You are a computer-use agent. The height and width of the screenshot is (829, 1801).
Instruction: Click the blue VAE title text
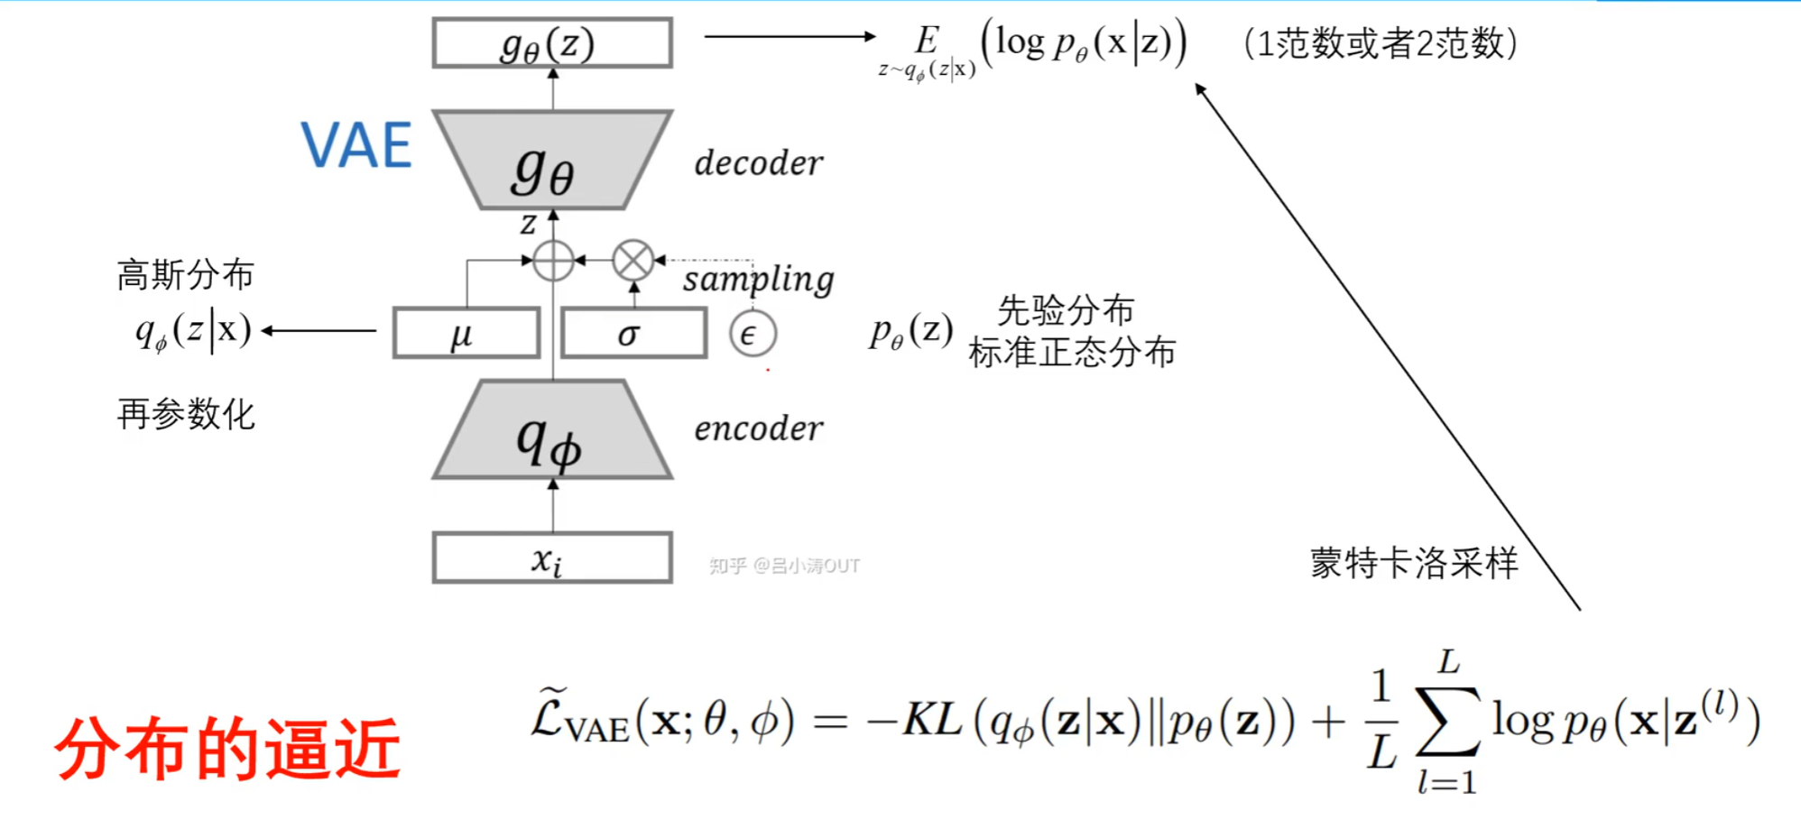click(356, 145)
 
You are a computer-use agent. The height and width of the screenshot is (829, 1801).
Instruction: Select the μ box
click(466, 334)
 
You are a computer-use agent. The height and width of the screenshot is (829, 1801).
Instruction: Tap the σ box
click(633, 334)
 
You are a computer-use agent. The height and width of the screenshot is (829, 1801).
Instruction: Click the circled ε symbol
click(753, 335)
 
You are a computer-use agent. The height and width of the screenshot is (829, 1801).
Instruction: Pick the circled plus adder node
click(553, 262)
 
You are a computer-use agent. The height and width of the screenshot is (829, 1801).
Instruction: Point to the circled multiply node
click(633, 262)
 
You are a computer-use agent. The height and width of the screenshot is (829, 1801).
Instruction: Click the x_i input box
click(552, 558)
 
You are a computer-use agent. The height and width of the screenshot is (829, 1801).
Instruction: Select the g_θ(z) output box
click(552, 43)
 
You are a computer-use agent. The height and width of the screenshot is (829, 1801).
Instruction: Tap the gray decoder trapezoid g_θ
click(552, 162)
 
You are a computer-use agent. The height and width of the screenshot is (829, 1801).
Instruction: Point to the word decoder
click(759, 163)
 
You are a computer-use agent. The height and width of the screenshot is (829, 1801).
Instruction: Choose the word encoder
click(759, 428)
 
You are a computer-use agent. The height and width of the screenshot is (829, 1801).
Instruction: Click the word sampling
click(758, 279)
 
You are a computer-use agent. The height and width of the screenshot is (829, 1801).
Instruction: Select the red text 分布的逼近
click(227, 749)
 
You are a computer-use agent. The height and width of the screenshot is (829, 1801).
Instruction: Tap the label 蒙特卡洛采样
click(1414, 563)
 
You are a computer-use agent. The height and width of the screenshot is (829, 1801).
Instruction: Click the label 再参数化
click(186, 414)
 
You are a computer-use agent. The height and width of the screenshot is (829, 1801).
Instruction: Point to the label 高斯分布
click(186, 274)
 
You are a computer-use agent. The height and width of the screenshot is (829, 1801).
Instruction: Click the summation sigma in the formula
click(1447, 722)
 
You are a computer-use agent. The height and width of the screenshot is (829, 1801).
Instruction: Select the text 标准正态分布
click(1072, 352)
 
